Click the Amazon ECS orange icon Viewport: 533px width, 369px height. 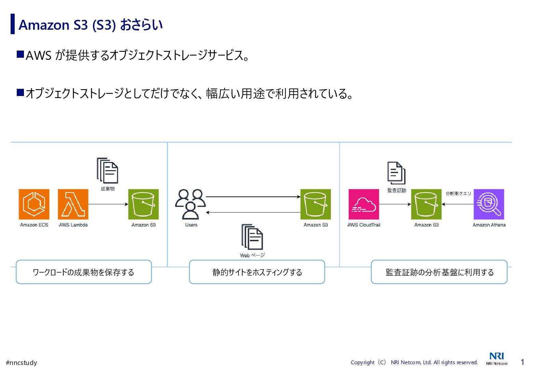coord(34,204)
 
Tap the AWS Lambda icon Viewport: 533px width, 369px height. coord(73,204)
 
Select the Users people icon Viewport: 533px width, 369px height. coord(190,204)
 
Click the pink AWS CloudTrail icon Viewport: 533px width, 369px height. coord(364,204)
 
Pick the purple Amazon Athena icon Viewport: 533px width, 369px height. coord(489,204)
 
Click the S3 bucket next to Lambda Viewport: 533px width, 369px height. coord(143,204)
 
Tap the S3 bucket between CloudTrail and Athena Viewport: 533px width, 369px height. coord(426,204)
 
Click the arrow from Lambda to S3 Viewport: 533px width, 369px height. coord(108,204)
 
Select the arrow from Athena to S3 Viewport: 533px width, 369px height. coord(457,204)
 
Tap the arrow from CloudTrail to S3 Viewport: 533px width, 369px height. coord(395,204)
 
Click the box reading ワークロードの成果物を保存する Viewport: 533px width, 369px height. coord(84,272)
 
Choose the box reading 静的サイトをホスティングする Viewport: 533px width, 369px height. coord(257,272)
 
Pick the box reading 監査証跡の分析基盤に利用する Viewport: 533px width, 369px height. coord(439,272)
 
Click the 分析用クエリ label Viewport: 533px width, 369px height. coord(458,193)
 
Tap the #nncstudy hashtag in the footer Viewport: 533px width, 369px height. coord(22,363)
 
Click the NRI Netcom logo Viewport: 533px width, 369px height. coord(496,358)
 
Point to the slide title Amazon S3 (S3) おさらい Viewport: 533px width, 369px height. coord(91,25)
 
